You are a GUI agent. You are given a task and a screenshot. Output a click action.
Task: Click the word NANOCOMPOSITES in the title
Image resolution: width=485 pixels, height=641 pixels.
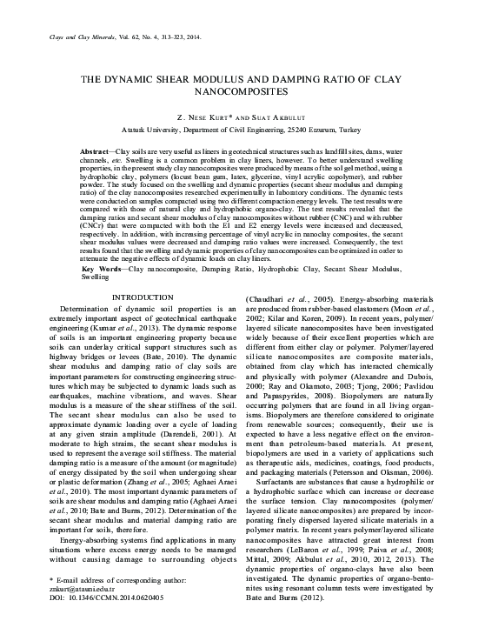click(242, 90)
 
